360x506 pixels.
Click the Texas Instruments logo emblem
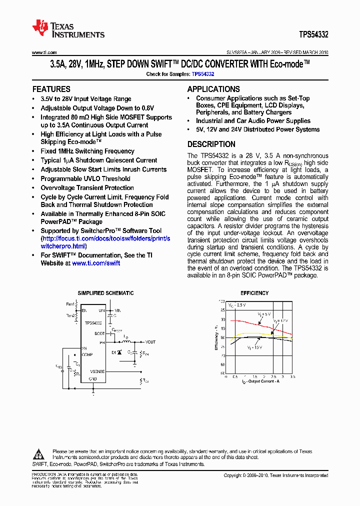(x=39, y=28)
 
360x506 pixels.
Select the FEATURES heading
(x=51, y=89)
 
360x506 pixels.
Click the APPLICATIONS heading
(x=213, y=89)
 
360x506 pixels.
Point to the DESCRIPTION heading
(x=211, y=144)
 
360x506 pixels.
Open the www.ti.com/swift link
(x=96, y=263)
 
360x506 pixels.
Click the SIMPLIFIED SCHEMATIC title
(x=105, y=293)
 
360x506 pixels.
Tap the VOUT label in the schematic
(x=150, y=342)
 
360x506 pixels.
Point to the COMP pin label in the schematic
(x=87, y=354)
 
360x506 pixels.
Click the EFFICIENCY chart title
(x=254, y=293)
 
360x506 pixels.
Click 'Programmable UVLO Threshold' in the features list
(x=85, y=178)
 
